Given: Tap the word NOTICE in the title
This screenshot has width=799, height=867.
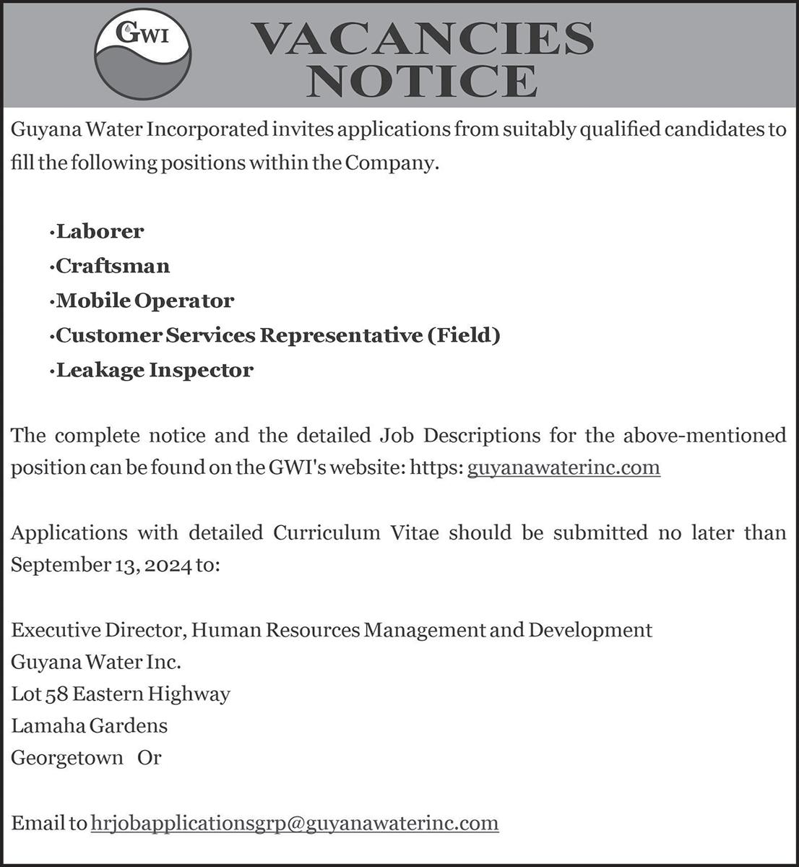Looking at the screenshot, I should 422,80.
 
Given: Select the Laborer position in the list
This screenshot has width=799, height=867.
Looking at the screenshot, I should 100,231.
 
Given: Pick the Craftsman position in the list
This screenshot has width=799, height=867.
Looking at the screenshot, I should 113,266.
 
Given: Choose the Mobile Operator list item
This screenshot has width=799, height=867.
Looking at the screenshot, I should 144,301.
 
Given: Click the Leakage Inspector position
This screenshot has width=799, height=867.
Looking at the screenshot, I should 155,370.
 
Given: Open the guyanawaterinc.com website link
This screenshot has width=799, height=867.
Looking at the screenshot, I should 563,467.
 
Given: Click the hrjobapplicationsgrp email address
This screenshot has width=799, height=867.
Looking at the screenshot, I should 295,823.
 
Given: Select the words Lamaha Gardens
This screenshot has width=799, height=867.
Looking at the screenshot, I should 90,725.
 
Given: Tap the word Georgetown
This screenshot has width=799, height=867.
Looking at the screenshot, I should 66,758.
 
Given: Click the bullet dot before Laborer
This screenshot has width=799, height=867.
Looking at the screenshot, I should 52,233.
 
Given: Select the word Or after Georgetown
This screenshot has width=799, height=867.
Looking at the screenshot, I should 150,758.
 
